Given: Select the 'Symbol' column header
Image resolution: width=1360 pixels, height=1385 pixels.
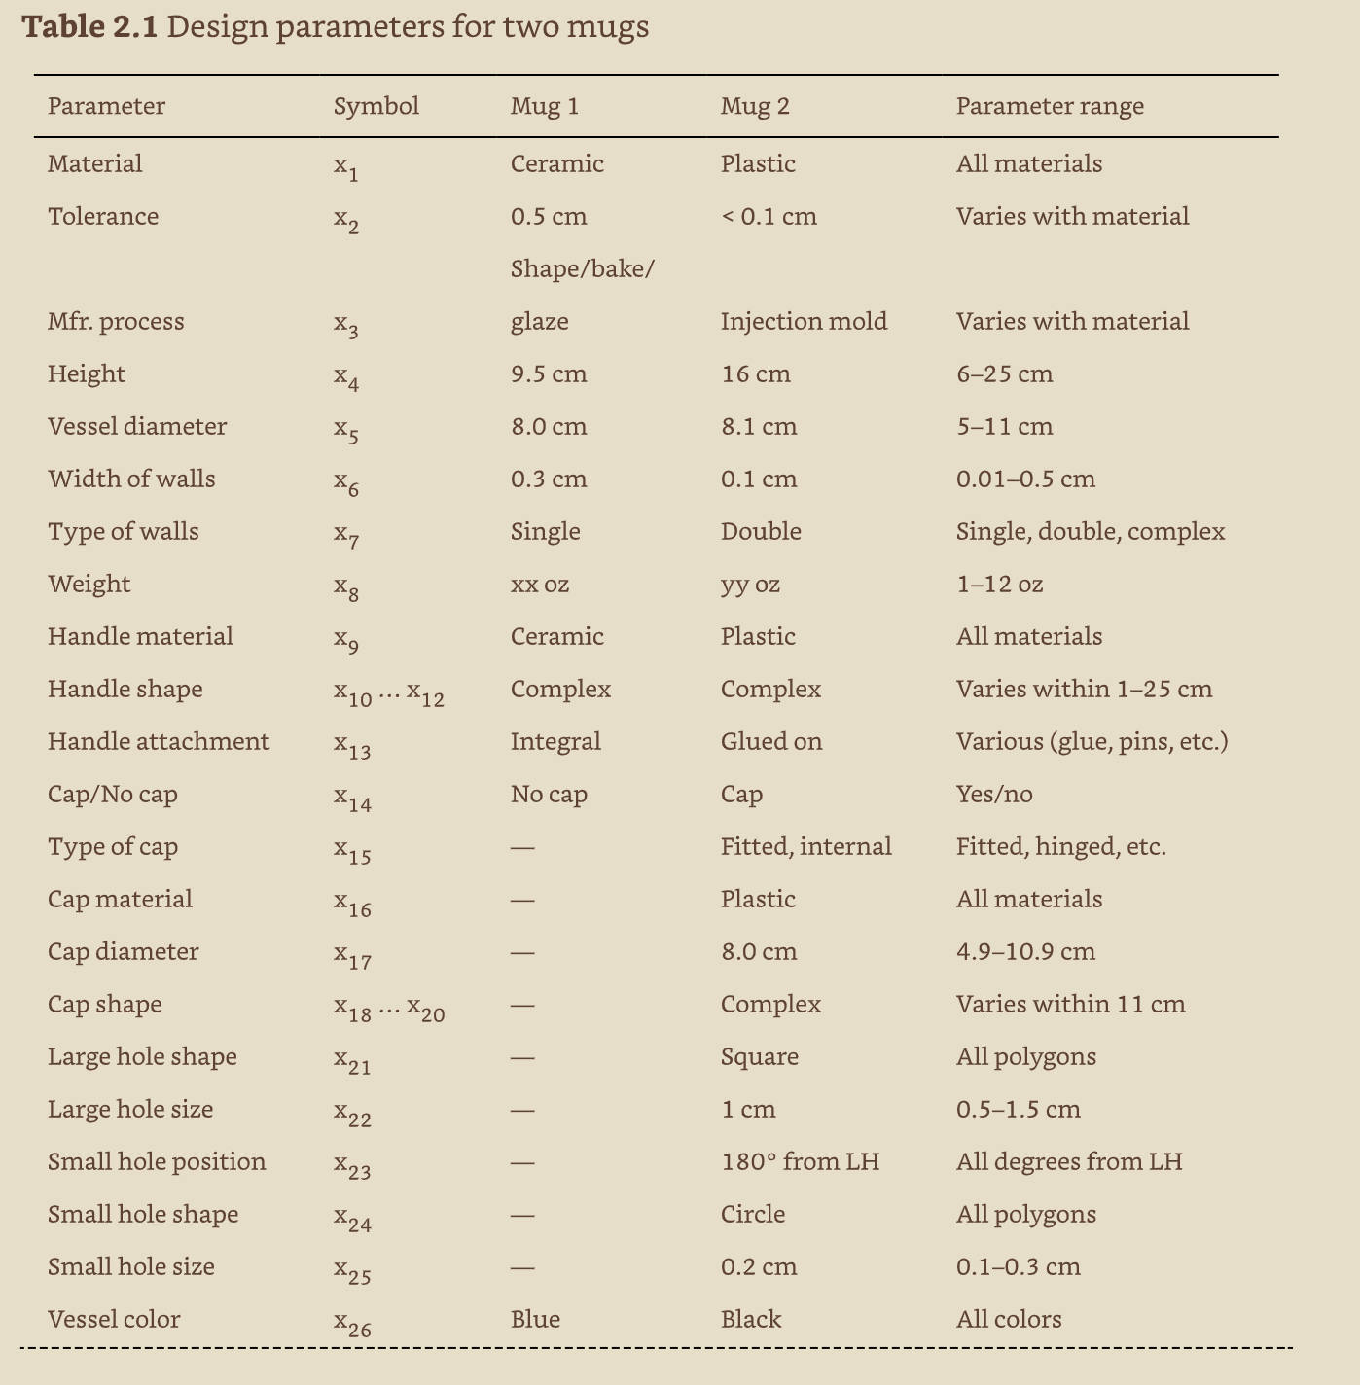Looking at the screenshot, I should [376, 106].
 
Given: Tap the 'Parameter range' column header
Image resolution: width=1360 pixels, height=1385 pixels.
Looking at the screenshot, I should [1050, 106].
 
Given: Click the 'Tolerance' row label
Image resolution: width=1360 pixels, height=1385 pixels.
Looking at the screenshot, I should [103, 216].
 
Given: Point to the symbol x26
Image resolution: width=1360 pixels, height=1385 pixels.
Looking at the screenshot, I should [352, 1323].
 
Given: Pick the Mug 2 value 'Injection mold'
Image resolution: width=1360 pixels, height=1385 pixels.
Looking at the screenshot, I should [804, 321].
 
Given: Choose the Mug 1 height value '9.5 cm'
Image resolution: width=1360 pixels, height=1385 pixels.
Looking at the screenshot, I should [549, 373].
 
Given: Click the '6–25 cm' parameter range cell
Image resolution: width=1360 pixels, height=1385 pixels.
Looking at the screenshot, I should [1004, 373].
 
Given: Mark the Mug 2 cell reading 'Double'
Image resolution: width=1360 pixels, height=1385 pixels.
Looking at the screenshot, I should [761, 531].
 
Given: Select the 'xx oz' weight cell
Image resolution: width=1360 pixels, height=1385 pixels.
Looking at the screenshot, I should [540, 584].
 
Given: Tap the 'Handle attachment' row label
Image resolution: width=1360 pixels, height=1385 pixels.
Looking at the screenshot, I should [159, 741].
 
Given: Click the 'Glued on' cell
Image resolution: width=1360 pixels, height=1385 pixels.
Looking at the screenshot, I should [771, 741].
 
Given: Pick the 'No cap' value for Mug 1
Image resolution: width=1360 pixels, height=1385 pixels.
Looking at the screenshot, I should [549, 794].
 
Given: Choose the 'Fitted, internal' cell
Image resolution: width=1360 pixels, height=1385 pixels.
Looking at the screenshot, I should [805, 846].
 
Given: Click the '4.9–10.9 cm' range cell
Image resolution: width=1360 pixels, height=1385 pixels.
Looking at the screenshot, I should [1025, 951].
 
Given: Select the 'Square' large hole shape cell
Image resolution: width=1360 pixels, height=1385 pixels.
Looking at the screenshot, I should [760, 1056].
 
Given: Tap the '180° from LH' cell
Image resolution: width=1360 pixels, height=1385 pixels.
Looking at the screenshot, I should [800, 1161].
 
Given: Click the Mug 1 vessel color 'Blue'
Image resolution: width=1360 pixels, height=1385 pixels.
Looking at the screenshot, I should [535, 1319].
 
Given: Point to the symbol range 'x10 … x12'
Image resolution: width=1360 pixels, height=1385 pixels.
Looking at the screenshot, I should [388, 692].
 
